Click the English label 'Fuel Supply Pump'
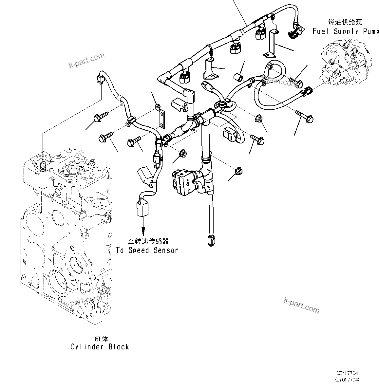(345, 31)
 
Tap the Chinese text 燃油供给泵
(345, 22)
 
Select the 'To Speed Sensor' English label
(147, 250)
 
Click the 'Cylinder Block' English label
(100, 347)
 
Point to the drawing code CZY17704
(347, 373)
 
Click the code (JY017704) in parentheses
(347, 380)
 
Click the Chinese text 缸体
(100, 339)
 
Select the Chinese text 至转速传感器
(148, 241)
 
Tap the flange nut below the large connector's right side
(238, 171)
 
